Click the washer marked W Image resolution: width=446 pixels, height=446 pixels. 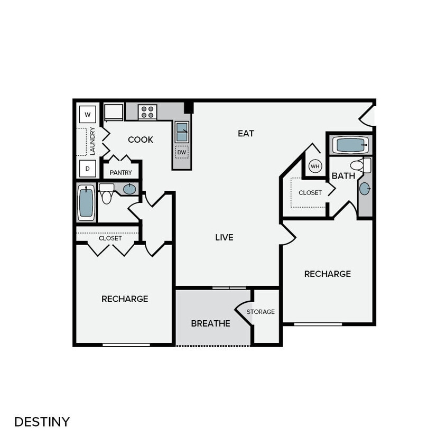click(88, 114)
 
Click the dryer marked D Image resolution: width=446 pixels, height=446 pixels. click(88, 169)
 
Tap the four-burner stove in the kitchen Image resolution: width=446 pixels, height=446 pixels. click(147, 112)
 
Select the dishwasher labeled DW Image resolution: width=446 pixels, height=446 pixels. click(182, 152)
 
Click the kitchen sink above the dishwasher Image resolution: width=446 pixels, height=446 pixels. click(182, 131)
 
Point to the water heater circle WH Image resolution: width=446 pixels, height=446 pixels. click(315, 166)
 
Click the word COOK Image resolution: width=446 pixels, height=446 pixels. click(141, 140)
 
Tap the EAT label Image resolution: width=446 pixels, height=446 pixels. click(246, 134)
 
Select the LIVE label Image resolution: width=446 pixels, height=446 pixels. click(224, 237)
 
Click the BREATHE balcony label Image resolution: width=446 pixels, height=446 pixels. click(210, 323)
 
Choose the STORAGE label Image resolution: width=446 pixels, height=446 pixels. click(261, 312)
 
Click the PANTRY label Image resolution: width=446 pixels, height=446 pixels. click(120, 173)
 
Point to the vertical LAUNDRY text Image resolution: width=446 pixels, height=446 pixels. click(92, 141)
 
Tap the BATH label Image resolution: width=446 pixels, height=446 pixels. click(343, 176)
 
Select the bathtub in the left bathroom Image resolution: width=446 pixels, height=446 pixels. click(86, 203)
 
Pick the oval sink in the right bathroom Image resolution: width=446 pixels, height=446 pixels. click(365, 189)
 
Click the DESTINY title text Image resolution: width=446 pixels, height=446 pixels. click(42, 422)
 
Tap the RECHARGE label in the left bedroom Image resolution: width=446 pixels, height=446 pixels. click(125, 299)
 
